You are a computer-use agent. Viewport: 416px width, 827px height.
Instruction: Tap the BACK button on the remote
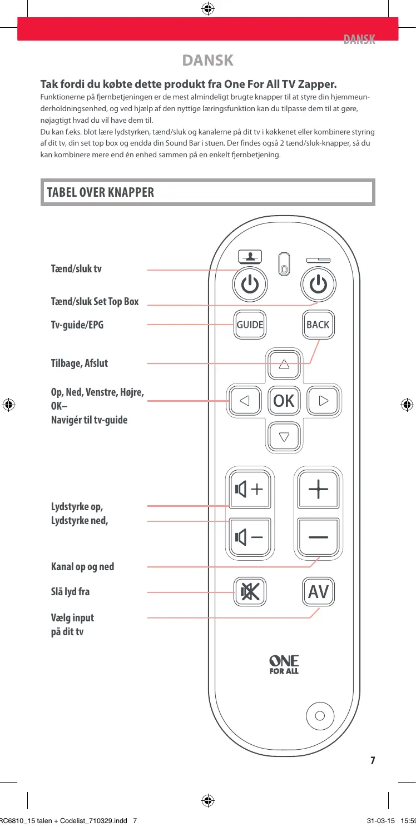tap(318, 325)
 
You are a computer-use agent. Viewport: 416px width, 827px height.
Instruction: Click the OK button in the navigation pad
tap(284, 400)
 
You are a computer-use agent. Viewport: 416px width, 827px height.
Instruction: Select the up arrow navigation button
tap(284, 365)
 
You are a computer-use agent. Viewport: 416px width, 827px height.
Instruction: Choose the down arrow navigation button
tap(284, 436)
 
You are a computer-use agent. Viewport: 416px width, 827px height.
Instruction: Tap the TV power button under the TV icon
tap(250, 285)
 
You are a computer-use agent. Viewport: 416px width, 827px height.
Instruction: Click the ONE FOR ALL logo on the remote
tap(284, 664)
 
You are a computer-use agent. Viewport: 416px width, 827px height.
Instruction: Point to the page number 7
tap(373, 760)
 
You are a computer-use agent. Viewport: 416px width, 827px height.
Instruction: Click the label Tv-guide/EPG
tap(77, 325)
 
